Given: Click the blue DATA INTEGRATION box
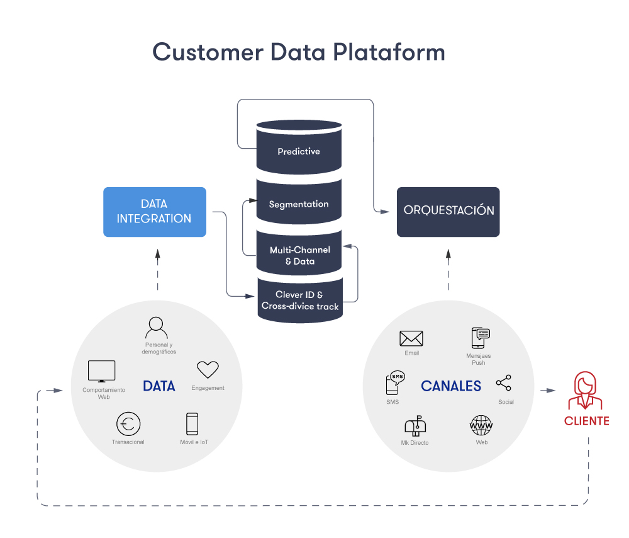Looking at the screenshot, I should point(154,212).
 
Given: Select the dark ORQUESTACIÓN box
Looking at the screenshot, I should point(448,212).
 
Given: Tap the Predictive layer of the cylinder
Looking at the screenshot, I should point(299,151).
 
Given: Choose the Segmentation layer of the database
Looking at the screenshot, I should point(299,204).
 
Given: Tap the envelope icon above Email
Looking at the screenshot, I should point(411,338).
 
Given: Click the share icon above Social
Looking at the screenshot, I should point(504,383).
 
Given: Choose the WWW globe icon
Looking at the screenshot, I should point(482,426).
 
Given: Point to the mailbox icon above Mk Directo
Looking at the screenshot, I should point(415,426).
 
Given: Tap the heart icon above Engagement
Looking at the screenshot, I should point(208,370).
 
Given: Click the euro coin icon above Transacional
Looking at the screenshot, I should point(128,424).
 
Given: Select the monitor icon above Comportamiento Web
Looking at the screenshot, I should point(102,371).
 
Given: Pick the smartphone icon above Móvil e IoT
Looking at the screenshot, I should point(192,424).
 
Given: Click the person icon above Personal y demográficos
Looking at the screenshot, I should point(156,327).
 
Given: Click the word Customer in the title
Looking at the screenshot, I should point(208,52).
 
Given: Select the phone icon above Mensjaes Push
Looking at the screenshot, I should point(480,338).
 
